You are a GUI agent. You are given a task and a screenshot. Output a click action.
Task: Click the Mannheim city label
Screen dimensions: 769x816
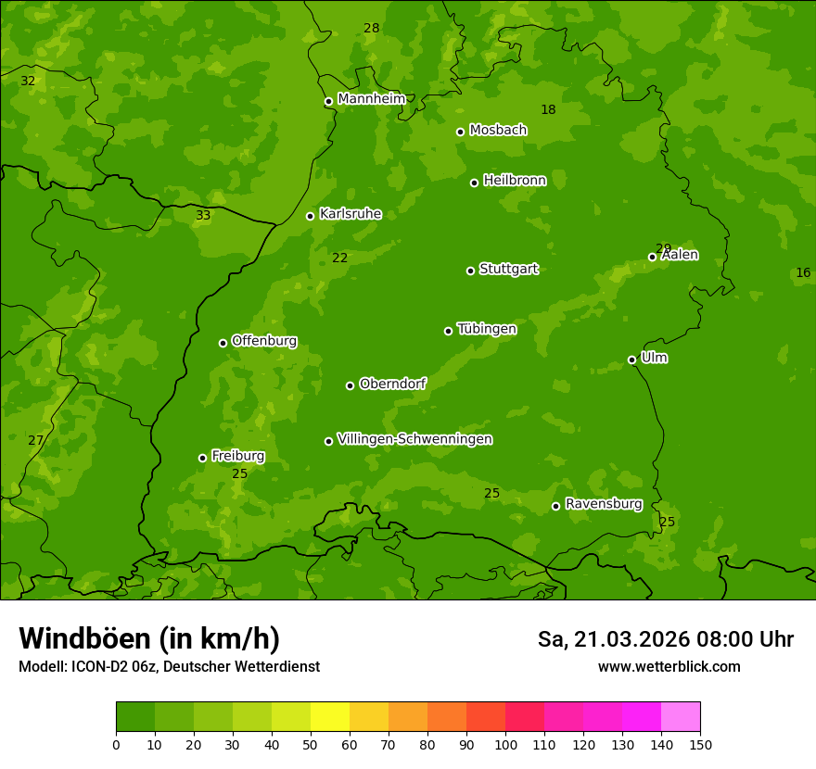click(371, 99)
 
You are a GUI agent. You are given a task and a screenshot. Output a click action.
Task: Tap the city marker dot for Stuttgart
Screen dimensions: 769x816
click(470, 271)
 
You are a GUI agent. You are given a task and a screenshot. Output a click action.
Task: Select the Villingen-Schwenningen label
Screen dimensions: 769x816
click(414, 439)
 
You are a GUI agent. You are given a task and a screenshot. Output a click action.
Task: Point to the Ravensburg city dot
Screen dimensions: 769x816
click(555, 506)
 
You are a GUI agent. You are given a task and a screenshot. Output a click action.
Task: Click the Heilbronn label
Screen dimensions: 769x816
click(515, 181)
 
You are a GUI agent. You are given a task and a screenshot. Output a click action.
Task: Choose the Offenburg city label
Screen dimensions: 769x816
click(264, 341)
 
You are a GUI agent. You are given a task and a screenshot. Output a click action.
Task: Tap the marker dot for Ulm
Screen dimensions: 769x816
click(631, 359)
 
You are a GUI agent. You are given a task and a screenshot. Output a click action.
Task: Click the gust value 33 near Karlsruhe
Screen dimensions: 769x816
click(203, 216)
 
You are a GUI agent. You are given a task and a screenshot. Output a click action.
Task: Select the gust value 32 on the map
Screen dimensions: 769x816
click(28, 82)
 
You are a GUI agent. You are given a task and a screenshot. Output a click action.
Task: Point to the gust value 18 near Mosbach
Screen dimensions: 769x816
click(548, 110)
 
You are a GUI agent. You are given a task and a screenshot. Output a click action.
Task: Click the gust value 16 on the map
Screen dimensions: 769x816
click(803, 272)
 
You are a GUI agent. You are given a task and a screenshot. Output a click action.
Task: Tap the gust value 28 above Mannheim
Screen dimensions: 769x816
click(371, 29)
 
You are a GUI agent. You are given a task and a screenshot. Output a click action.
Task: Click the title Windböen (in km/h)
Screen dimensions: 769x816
click(149, 638)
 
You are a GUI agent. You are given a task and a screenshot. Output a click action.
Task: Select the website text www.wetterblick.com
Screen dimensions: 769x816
click(669, 667)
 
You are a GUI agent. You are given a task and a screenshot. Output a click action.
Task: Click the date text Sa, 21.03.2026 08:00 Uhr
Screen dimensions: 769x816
click(665, 639)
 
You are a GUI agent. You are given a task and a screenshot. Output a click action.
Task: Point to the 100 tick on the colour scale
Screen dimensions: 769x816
click(505, 744)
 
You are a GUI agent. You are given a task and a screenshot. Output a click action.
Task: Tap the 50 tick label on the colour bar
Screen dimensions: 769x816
click(311, 744)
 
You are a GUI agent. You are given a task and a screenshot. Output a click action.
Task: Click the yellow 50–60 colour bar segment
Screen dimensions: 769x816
click(330, 717)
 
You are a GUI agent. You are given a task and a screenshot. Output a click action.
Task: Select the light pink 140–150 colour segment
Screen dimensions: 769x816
click(681, 717)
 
